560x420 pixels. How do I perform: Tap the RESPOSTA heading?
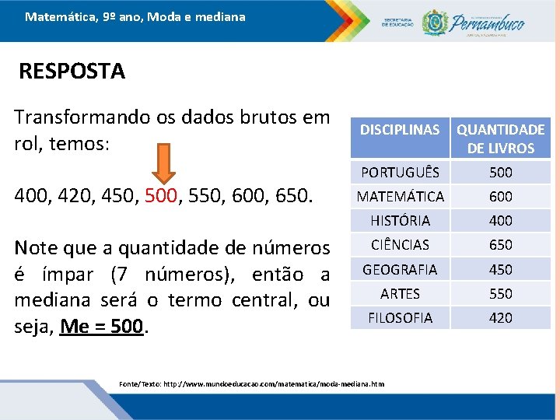pos(72,72)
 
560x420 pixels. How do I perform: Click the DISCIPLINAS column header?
pos(400,130)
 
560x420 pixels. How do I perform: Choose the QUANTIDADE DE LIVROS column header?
pos(500,138)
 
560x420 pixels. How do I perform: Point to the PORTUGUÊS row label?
pos(400,172)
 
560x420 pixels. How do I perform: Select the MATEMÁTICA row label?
pos(400,197)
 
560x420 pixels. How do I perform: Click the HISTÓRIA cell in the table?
pos(400,221)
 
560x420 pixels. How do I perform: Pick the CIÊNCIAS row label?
pos(400,245)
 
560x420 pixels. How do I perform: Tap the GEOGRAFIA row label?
pos(400,269)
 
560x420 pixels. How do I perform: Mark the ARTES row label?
pos(400,293)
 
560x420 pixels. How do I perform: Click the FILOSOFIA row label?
pos(400,317)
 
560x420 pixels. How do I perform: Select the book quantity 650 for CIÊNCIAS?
pos(500,245)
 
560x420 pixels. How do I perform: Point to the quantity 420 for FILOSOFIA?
pos(500,317)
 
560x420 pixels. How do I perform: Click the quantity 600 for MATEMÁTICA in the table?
pos(500,197)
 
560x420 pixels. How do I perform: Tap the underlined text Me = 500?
pos(102,327)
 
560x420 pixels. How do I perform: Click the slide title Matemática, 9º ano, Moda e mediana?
pos(135,16)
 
